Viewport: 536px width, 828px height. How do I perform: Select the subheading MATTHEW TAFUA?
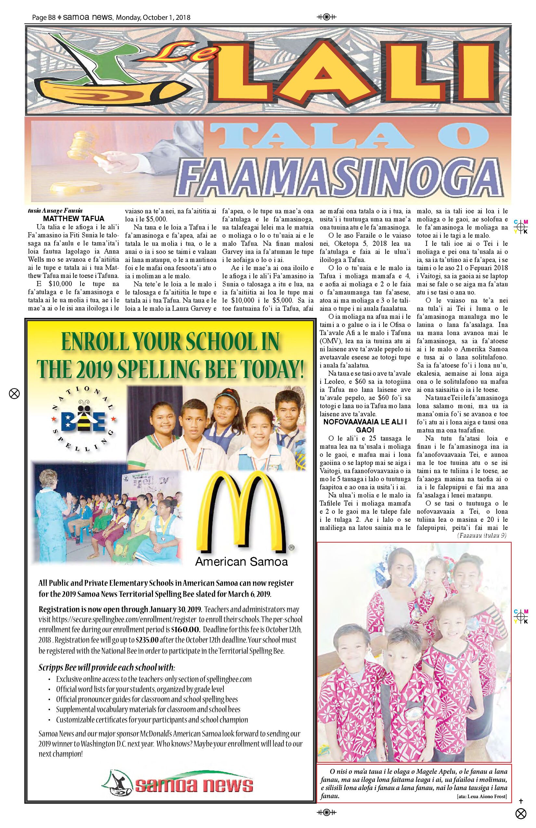click(73, 219)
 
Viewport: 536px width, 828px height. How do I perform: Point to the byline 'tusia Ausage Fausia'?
click(55, 210)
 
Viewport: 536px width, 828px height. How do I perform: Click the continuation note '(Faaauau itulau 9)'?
click(482, 535)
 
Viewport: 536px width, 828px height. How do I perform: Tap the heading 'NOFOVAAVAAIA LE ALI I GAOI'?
click(365, 426)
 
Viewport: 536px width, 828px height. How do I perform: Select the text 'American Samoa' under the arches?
click(242, 562)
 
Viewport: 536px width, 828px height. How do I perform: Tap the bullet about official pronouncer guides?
click(147, 699)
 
